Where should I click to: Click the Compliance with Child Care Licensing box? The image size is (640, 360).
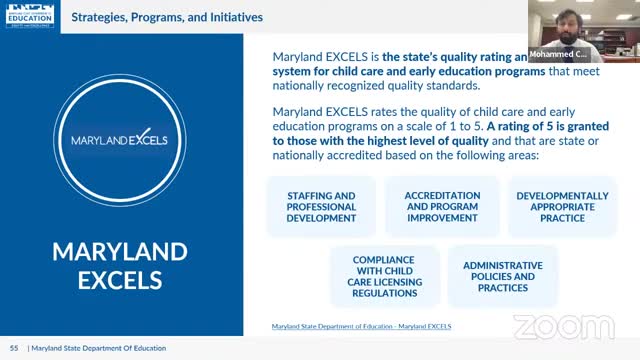383,276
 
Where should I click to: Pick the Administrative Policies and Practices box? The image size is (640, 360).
502,276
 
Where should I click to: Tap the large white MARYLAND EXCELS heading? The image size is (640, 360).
121,264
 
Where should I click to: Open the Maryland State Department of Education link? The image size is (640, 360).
361,326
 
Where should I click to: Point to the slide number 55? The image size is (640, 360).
14,347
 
